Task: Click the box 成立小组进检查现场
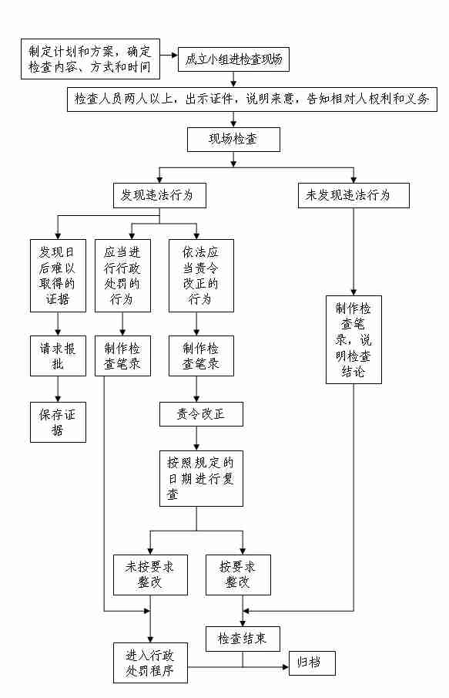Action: (233, 59)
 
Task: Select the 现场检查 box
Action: (233, 140)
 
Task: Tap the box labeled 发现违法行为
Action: (159, 195)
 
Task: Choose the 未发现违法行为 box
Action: (354, 195)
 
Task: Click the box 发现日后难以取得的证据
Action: (58, 275)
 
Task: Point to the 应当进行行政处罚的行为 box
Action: (122, 275)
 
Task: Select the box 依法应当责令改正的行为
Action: (201, 275)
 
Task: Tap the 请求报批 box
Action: (58, 356)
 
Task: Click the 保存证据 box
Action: (58, 422)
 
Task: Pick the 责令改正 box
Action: (201, 414)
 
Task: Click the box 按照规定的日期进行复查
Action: (201, 478)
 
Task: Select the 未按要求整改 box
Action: (150, 575)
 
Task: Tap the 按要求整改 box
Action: (238, 575)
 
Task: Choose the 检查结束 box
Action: (243, 639)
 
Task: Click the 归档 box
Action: (312, 663)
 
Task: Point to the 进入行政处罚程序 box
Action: (150, 663)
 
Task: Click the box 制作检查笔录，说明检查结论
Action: (354, 339)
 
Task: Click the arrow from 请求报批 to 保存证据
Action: (58, 389)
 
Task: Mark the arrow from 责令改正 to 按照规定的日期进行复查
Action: (196, 439)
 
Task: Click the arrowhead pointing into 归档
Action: (286, 667)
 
